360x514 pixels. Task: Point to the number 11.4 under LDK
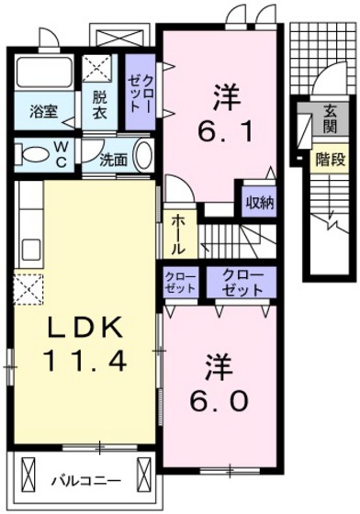click(84, 363)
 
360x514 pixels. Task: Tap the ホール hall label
click(177, 234)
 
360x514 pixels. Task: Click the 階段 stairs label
click(326, 157)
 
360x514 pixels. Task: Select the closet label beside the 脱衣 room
click(139, 95)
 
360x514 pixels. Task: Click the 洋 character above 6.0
click(213, 363)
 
